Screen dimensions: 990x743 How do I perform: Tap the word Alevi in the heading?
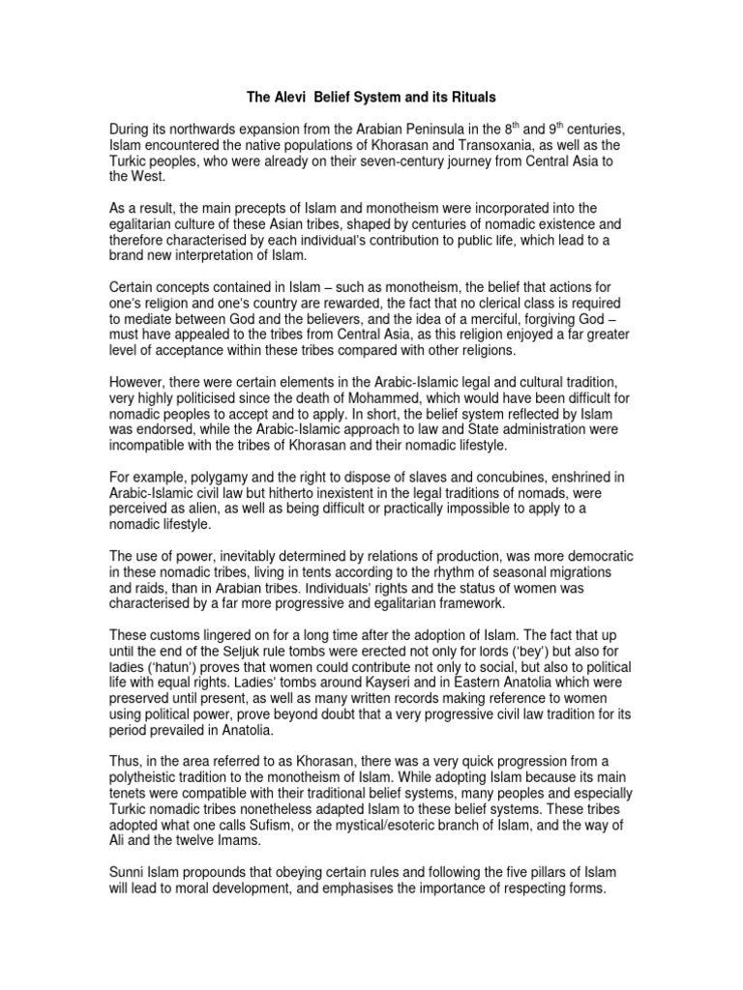click(295, 98)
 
